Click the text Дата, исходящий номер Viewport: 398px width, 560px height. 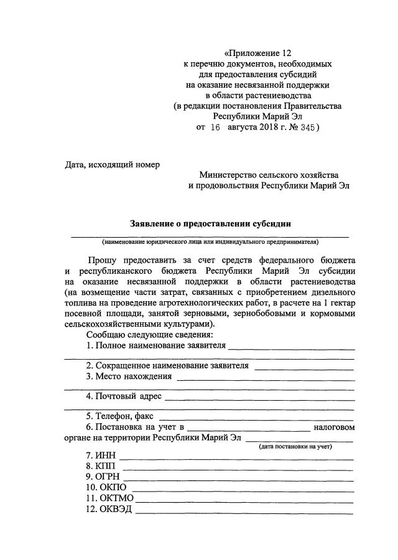coord(113,165)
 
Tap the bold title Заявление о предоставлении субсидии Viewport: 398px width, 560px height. coord(210,223)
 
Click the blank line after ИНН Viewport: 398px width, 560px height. coord(236,460)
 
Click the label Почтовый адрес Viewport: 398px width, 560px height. coord(124,396)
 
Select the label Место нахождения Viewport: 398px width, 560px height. coord(129,376)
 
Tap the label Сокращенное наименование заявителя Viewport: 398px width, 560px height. coord(168,365)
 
